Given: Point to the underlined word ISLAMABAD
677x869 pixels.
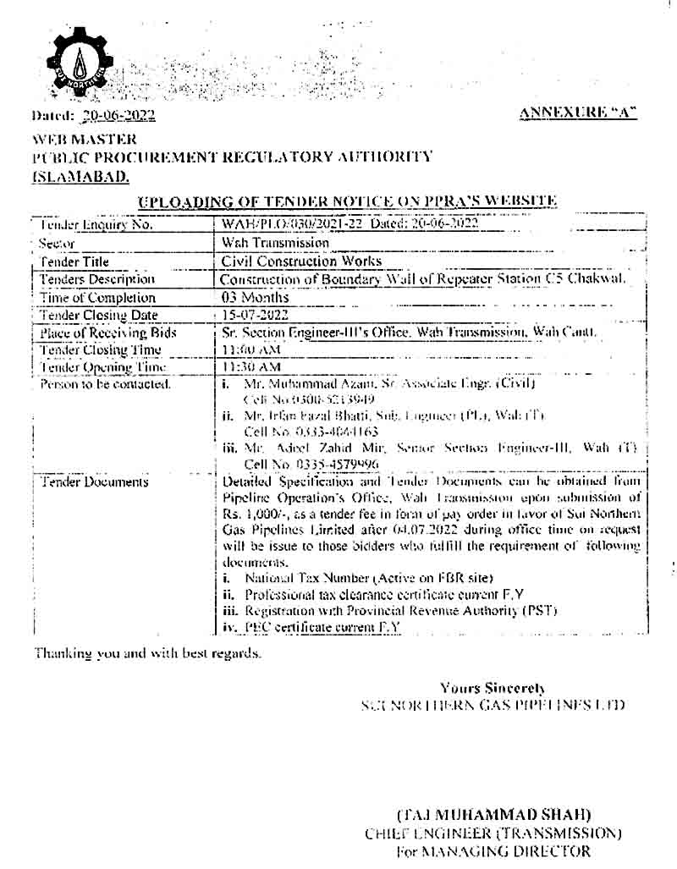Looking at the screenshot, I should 81,176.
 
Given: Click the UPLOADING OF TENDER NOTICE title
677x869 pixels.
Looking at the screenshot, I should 346,201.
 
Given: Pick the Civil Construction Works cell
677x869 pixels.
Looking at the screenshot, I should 300,261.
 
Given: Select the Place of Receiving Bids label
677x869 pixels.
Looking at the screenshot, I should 108,333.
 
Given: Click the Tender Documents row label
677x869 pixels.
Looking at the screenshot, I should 94,482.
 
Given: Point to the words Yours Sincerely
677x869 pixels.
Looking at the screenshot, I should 493,688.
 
